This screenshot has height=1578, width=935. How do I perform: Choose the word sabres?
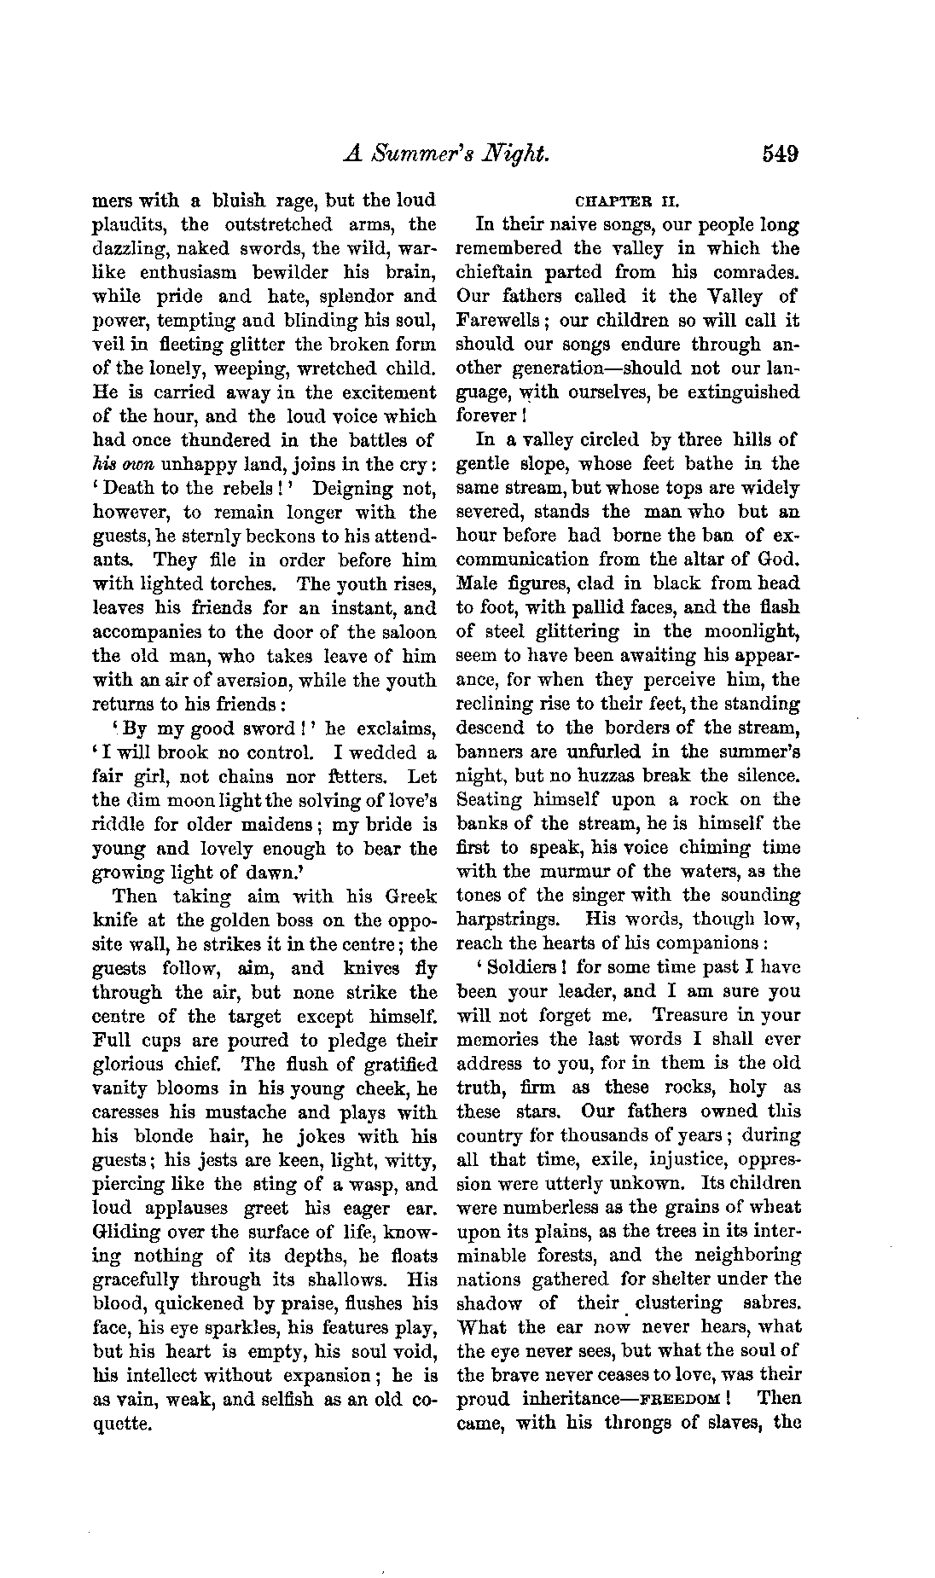(x=773, y=1304)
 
